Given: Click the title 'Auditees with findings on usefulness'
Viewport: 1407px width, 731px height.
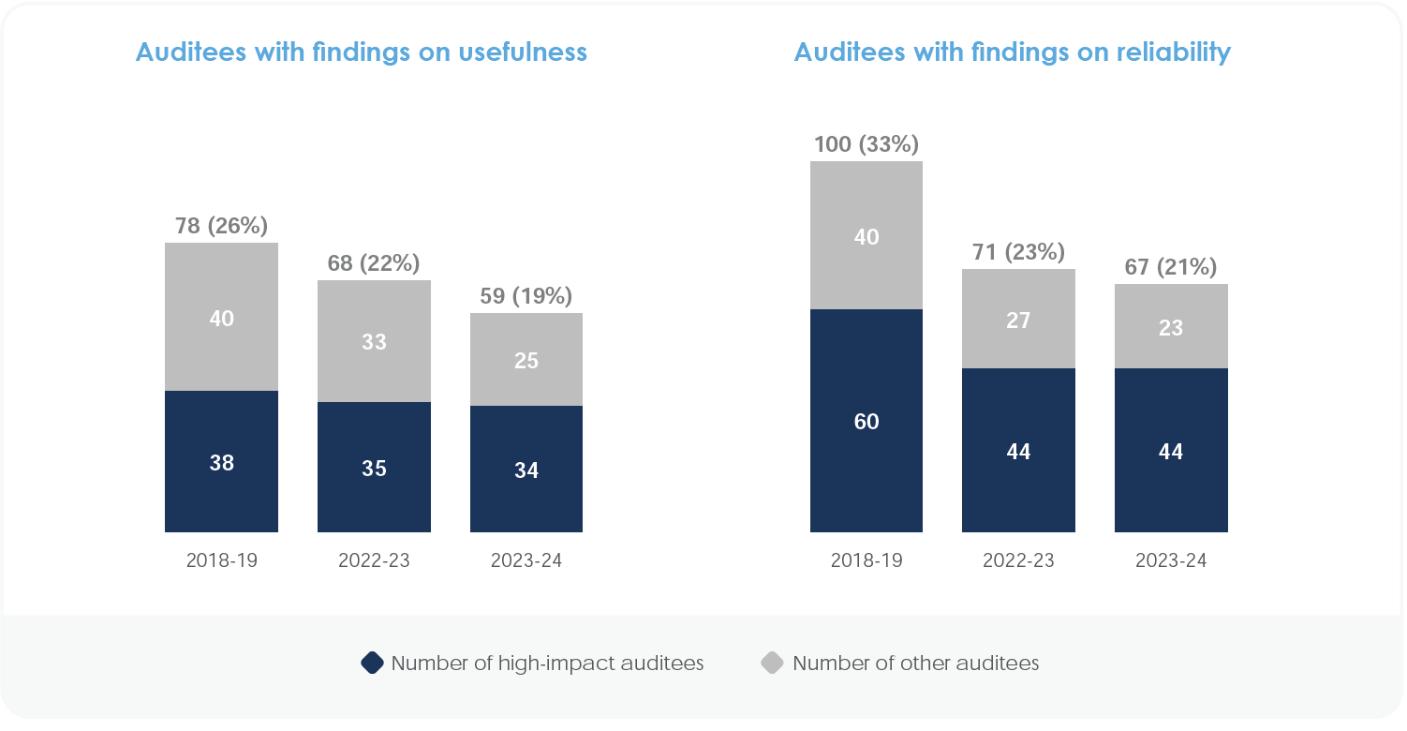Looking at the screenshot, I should tap(362, 52).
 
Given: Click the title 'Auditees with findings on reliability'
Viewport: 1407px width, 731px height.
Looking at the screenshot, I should tap(1012, 52).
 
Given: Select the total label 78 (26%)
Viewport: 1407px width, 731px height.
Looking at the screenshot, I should tap(221, 226).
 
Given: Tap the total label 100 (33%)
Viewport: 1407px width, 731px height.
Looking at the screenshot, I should tap(866, 144).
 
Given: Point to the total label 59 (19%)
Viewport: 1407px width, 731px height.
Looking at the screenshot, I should tap(526, 296).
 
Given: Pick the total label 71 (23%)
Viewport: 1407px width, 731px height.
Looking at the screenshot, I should tap(1018, 252).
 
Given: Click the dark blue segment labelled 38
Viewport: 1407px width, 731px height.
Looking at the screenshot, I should tap(221, 462).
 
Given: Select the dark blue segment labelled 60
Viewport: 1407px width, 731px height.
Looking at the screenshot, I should tap(866, 422).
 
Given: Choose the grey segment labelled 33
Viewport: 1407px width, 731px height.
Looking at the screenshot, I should tap(374, 341).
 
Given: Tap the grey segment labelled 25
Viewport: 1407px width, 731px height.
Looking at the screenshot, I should tap(526, 360).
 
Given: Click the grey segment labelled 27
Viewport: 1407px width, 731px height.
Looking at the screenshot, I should tap(1018, 320).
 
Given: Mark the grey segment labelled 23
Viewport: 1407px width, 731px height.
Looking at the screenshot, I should tap(1171, 327).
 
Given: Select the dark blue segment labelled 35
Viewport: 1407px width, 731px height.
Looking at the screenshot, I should tap(374, 468).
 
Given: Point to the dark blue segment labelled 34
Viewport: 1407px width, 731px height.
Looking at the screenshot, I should tap(526, 470).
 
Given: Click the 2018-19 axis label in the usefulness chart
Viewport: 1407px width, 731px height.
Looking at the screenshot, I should tap(221, 561).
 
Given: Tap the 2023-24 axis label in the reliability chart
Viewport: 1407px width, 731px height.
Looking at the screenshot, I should tap(1171, 561).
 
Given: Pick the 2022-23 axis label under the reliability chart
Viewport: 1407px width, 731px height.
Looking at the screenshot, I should tap(1018, 561).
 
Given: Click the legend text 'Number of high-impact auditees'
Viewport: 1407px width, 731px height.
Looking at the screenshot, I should tap(547, 664).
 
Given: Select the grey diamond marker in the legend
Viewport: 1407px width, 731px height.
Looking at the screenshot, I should tap(772, 664).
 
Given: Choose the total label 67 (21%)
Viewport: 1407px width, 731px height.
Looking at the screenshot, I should tap(1171, 267).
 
